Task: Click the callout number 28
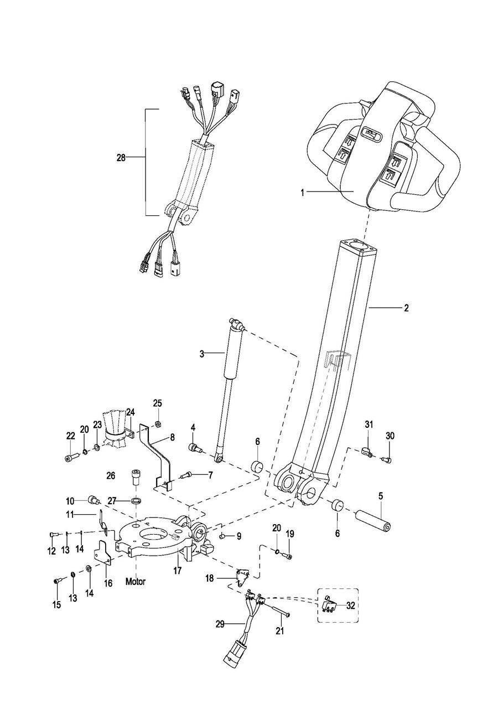coord(121,158)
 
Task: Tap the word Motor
coord(136,582)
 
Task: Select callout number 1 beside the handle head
coord(303,193)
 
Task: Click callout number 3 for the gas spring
coord(202,354)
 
